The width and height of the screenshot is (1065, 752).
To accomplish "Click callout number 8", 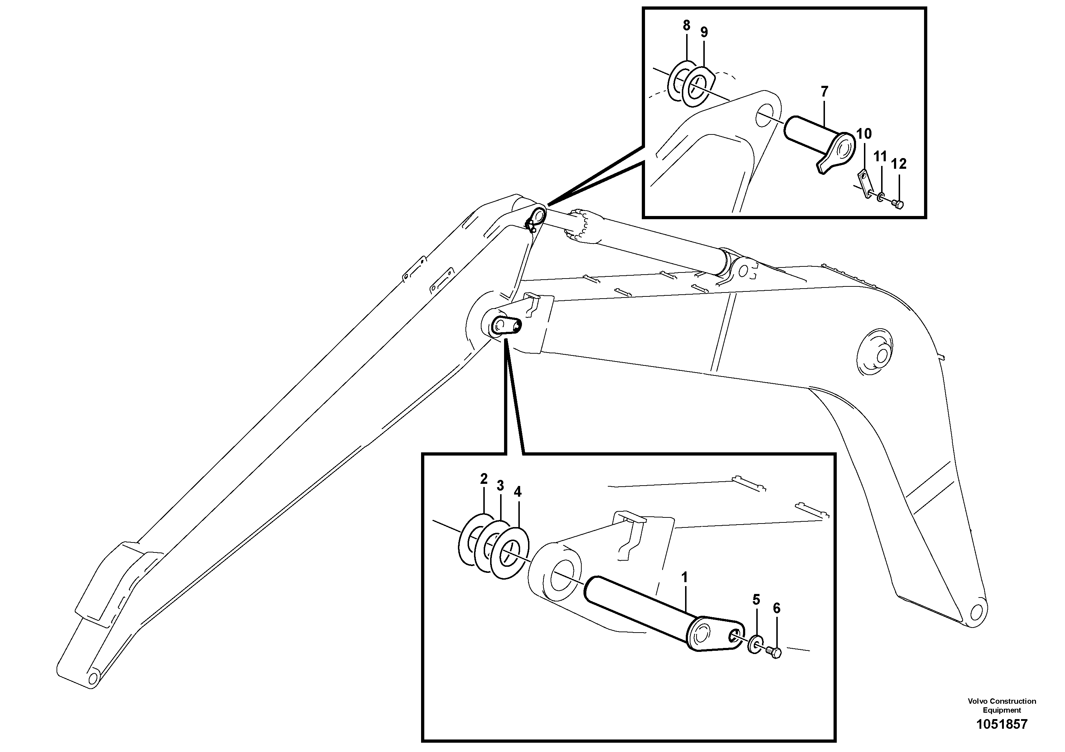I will point(687,25).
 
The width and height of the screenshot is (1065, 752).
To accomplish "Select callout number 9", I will point(704,33).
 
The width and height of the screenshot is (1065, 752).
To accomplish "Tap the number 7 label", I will point(824,92).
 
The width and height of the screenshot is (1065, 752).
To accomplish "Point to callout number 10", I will point(864,134).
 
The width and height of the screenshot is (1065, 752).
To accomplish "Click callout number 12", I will point(899,164).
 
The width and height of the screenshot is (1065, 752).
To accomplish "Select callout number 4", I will point(518,492).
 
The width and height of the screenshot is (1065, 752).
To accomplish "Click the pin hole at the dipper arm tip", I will point(92,679).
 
